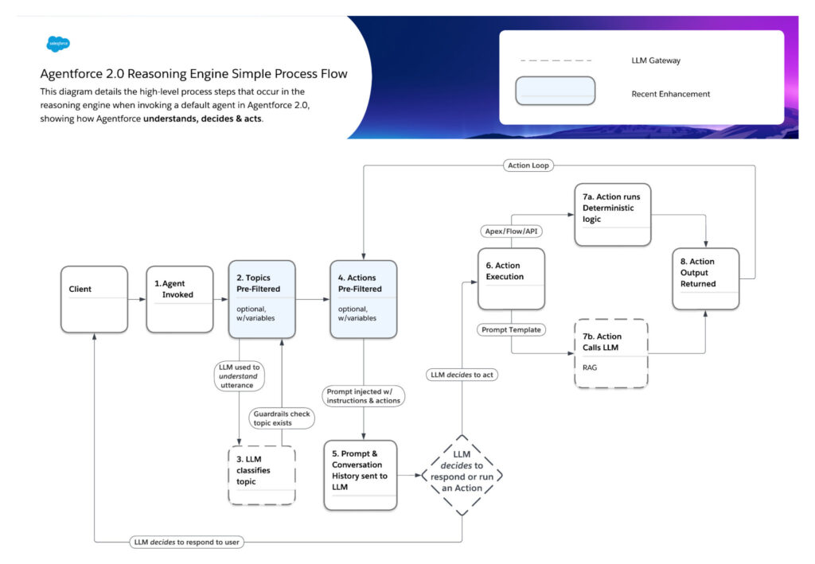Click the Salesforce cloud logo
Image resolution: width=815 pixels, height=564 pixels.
coord(58,45)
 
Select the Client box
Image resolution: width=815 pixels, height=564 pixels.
coord(94,299)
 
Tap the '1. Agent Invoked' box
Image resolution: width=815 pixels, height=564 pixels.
coord(181,299)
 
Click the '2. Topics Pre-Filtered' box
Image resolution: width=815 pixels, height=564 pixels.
coord(262,299)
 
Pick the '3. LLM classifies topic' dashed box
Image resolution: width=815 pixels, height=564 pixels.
coord(262,476)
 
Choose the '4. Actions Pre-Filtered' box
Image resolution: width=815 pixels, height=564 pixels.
coord(363,299)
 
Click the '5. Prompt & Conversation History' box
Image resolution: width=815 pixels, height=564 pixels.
coord(360,475)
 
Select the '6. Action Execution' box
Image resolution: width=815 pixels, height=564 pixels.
coord(511,278)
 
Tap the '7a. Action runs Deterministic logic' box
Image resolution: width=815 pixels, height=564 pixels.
coord(611,214)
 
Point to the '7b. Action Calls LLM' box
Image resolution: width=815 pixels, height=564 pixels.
coord(610,353)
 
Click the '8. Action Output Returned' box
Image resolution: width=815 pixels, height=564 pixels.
coord(705,278)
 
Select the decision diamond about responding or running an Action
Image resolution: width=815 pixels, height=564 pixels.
coord(462,476)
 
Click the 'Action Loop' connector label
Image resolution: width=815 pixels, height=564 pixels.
coord(528,165)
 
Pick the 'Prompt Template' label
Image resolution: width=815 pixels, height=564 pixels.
coord(511,329)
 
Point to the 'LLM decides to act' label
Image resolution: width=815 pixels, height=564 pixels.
coord(462,375)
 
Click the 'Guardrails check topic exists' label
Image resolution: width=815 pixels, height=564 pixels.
coord(282,418)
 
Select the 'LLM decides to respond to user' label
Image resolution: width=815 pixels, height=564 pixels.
coord(186,543)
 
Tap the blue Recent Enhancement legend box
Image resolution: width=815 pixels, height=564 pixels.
coord(555,91)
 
